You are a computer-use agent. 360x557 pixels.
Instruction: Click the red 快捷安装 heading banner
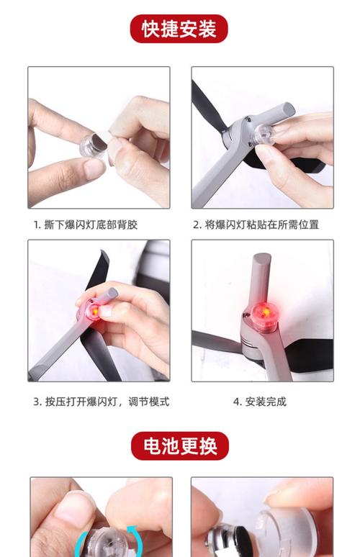click(179, 29)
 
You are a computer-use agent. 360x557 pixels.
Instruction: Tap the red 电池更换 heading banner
click(179, 445)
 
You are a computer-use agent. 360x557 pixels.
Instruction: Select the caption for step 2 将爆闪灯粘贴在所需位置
click(256, 225)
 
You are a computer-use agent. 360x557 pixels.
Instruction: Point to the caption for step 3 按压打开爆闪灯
click(101, 402)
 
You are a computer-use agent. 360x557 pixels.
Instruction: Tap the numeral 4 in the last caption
click(236, 402)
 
